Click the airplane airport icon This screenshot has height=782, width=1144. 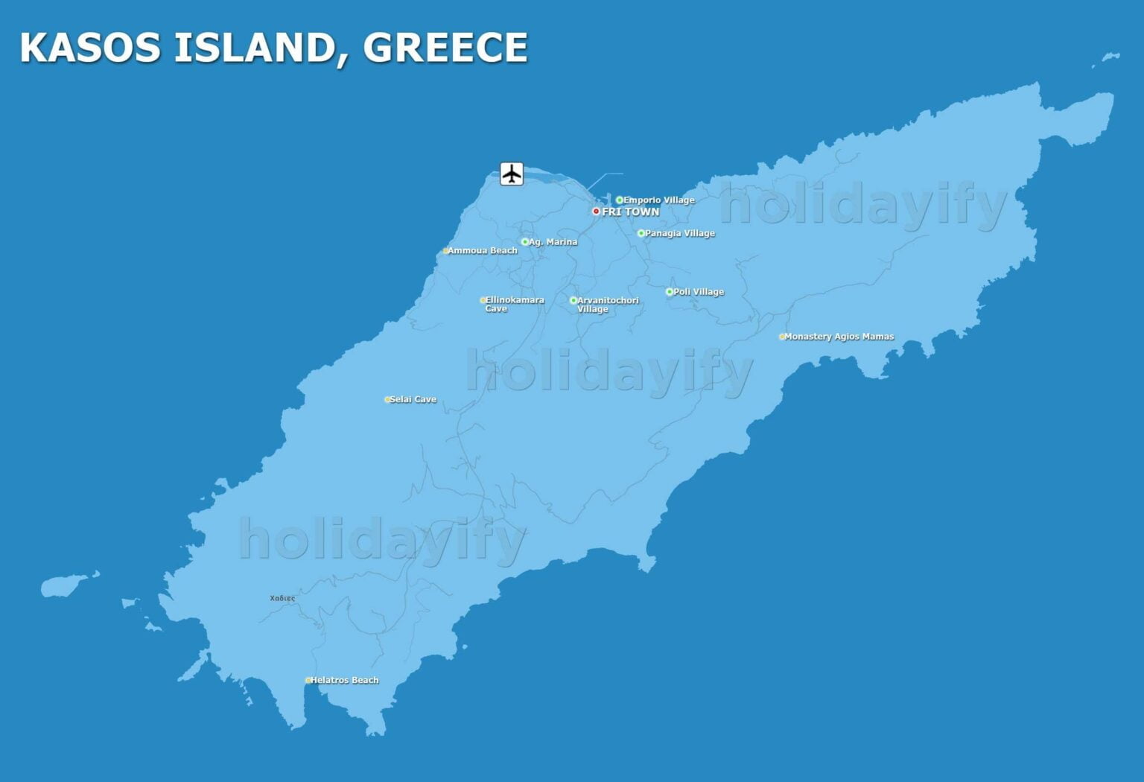click(511, 174)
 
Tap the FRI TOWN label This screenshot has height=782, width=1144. click(630, 212)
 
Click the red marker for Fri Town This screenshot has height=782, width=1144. click(596, 212)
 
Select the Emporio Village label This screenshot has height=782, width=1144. click(658, 200)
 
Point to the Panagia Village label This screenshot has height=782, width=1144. click(679, 233)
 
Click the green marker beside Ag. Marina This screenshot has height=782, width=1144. click(524, 242)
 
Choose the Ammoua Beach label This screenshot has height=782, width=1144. click(482, 250)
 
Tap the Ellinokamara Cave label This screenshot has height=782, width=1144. click(514, 304)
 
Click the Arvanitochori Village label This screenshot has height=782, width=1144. click(607, 305)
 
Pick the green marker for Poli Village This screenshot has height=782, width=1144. click(669, 292)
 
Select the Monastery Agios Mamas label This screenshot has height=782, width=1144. click(839, 337)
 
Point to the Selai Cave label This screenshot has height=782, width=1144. click(413, 399)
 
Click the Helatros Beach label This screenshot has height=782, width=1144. click(344, 680)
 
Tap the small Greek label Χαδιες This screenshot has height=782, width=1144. click(282, 598)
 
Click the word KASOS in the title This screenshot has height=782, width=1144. click(90, 48)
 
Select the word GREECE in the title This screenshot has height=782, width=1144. click(445, 48)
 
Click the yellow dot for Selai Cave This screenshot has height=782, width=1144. click(387, 400)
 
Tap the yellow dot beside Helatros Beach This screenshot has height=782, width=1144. click(308, 680)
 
